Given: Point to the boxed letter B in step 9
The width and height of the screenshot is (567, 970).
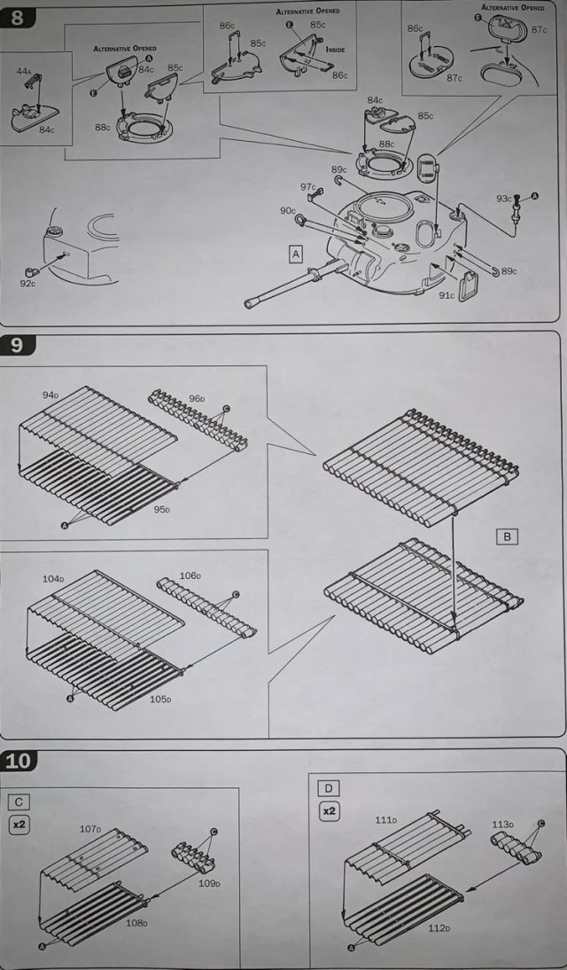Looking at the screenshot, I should click(x=506, y=536).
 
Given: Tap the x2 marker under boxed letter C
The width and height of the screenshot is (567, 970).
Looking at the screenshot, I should click(x=19, y=825).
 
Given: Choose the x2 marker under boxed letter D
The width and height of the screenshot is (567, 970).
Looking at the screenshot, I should click(x=329, y=810).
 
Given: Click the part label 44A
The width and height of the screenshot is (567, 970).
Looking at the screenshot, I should click(x=24, y=69).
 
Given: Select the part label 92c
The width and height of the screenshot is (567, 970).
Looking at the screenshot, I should click(x=27, y=283).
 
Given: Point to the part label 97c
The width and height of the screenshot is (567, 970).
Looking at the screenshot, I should click(x=307, y=187).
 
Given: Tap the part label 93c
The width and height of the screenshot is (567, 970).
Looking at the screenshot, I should click(x=504, y=198).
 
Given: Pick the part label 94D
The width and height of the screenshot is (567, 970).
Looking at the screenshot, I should click(x=50, y=394).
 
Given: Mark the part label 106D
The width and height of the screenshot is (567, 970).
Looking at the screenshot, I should click(x=189, y=575).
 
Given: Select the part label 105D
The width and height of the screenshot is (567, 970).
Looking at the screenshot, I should click(x=160, y=699).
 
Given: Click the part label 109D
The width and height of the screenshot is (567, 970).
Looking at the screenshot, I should click(x=209, y=883).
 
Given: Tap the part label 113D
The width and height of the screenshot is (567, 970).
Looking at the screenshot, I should click(x=502, y=824).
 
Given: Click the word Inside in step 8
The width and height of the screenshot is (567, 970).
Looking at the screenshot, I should click(x=335, y=50).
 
